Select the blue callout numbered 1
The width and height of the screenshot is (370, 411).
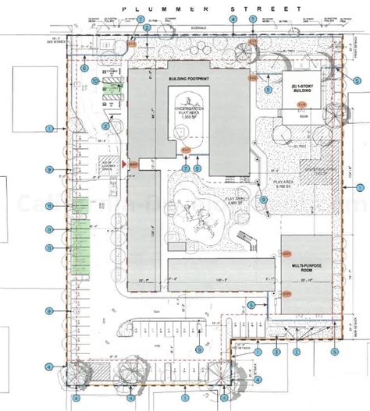coord(48,128)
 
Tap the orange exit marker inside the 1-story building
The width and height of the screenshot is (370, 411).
coord(253,78)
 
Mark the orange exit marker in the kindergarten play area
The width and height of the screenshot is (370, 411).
coord(186,151)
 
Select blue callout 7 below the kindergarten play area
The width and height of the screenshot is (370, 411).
coord(186,168)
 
